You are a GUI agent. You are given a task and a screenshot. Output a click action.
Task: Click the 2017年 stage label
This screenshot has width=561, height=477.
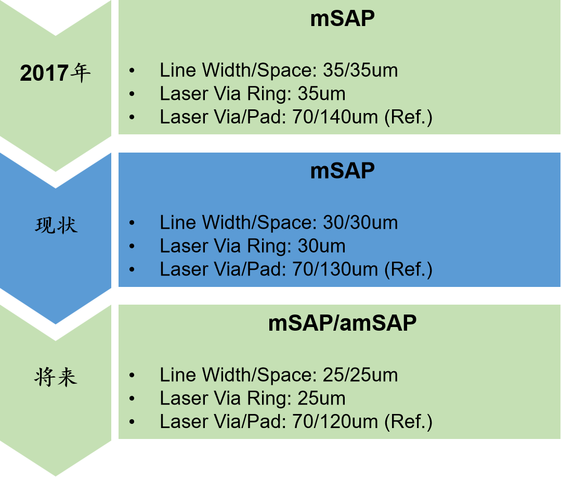click(x=55, y=73)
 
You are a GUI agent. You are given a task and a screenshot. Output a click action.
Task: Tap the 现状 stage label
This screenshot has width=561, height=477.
click(x=56, y=225)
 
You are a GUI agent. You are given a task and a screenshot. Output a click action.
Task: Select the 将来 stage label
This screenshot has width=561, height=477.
click(x=56, y=376)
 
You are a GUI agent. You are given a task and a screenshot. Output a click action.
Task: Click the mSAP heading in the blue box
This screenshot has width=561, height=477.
click(x=342, y=171)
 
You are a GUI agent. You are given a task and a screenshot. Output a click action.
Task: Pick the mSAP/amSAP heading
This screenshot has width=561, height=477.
click(x=342, y=323)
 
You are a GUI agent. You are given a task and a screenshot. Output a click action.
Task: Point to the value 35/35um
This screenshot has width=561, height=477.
click(x=360, y=70)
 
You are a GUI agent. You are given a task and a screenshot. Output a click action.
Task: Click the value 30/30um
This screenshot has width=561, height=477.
click(x=360, y=223)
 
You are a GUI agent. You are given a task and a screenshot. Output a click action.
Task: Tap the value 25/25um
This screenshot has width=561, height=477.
click(x=360, y=375)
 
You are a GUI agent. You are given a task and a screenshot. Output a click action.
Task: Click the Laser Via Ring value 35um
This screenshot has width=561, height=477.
click(x=321, y=94)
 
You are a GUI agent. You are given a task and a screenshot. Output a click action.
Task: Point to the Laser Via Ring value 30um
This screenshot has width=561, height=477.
click(x=321, y=246)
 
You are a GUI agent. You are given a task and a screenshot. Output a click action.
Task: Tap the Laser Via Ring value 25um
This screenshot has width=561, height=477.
click(x=321, y=398)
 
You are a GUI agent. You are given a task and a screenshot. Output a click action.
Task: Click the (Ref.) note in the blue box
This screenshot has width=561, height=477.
click(x=408, y=270)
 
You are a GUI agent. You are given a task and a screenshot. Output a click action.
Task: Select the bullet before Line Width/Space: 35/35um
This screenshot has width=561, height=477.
click(x=132, y=70)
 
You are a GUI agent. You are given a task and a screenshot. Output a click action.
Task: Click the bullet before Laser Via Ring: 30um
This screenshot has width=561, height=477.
click(x=132, y=246)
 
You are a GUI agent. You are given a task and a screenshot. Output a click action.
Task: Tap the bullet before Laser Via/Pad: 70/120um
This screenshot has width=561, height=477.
click(x=132, y=422)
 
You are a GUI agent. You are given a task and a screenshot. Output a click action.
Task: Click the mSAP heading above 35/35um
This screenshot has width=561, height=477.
click(x=342, y=19)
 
